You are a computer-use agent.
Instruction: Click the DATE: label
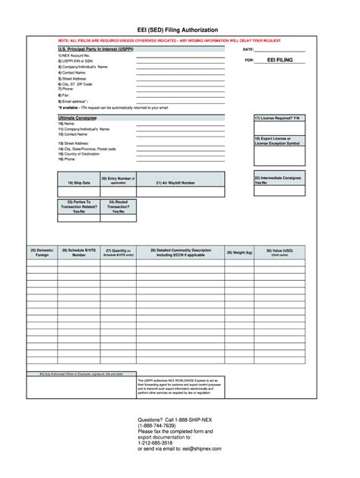click(x=250, y=49)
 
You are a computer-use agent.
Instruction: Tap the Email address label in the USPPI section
click(x=74, y=100)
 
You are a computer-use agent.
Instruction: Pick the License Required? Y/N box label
click(x=278, y=119)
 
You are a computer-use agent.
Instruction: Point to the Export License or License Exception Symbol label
click(x=278, y=141)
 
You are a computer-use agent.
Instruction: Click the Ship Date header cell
click(x=78, y=183)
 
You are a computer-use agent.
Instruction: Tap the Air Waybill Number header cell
click(x=175, y=183)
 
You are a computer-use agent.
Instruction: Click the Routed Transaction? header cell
click(x=117, y=207)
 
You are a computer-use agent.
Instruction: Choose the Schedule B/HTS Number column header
click(x=79, y=253)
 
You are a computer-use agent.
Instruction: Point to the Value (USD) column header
click(x=279, y=252)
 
